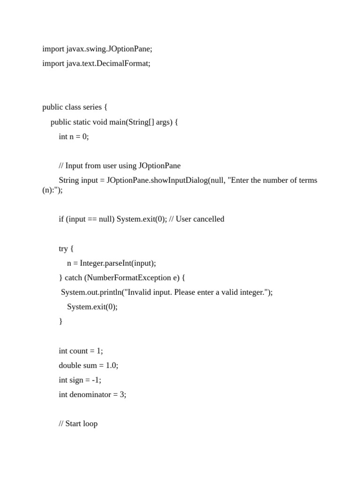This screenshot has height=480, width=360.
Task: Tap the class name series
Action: pyautogui.click(x=93, y=107)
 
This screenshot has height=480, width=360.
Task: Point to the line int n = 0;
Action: pyautogui.click(x=74, y=136)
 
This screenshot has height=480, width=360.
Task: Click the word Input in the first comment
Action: pyautogui.click(x=74, y=165)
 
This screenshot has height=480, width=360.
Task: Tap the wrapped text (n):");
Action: pyautogui.click(x=52, y=190)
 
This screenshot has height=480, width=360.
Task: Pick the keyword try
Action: pyautogui.click(x=63, y=248)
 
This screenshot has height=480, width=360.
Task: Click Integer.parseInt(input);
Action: pyautogui.click(x=118, y=263)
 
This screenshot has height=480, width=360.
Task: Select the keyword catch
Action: pyautogui.click(x=74, y=277)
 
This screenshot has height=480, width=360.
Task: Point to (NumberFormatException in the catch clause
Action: pyautogui.click(x=125, y=277)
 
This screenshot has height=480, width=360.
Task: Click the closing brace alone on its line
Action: pyautogui.click(x=60, y=322)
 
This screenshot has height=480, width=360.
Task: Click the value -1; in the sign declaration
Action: pyautogui.click(x=96, y=380)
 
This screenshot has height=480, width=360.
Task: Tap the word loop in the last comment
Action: pyautogui.click(x=90, y=424)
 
